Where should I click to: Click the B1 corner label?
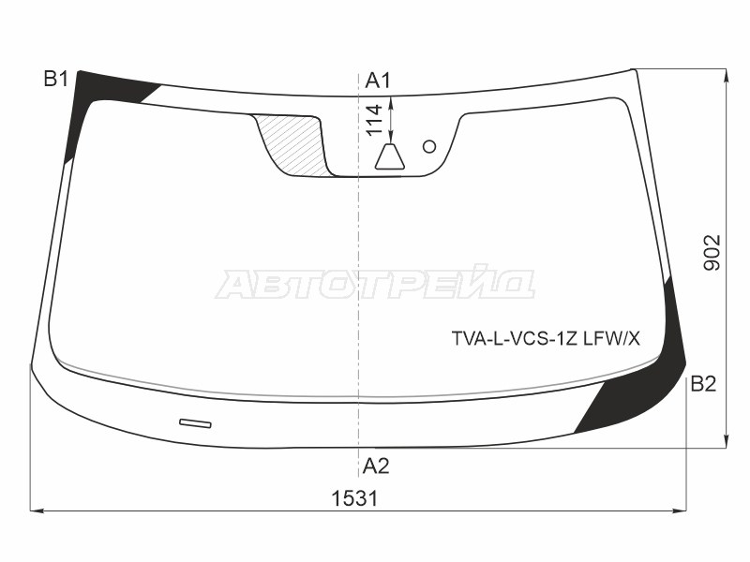[56, 79]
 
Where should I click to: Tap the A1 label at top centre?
[378, 81]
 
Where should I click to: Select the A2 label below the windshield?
[376, 466]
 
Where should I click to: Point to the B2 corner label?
[703, 384]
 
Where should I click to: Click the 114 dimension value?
[376, 120]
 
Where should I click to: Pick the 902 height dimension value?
[712, 253]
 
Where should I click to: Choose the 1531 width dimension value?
[355, 498]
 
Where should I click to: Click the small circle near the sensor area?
[429, 146]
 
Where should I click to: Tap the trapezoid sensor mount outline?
[389, 156]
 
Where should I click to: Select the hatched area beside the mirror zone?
[293, 142]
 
